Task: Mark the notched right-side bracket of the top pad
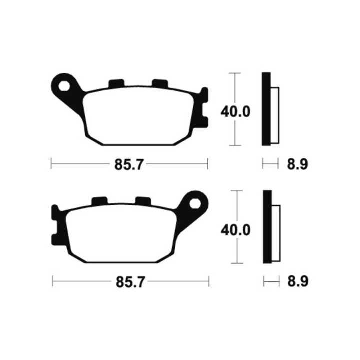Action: pyautogui.click(x=203, y=108)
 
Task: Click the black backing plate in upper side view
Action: pyautogui.click(x=266, y=109)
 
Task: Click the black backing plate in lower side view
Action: pyautogui.click(x=266, y=227)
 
